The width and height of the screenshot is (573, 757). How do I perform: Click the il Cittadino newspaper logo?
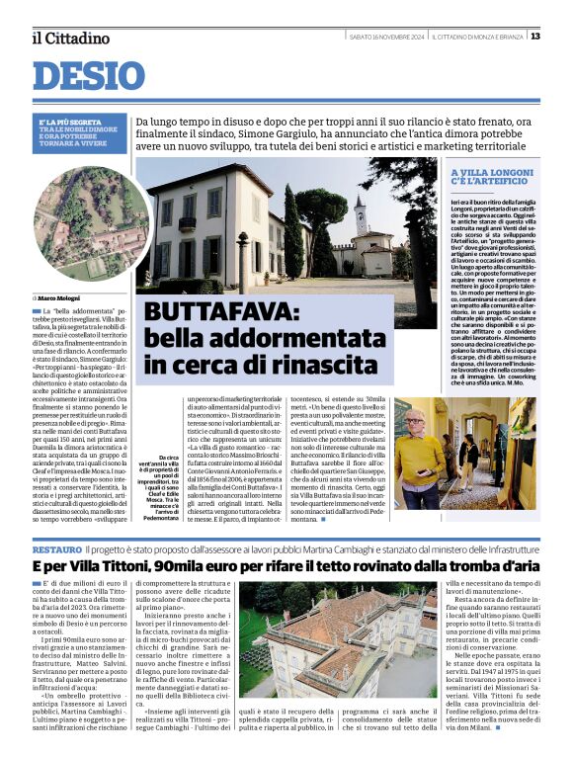70,38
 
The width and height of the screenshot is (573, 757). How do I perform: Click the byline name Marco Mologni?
60,296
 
